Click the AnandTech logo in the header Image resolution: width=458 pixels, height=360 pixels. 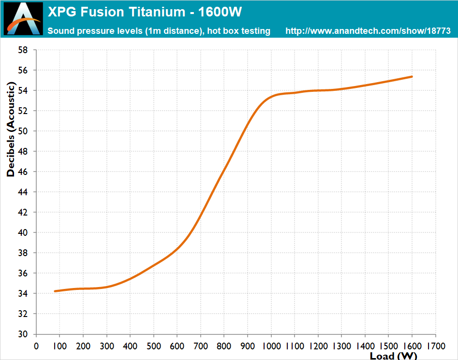(23, 19)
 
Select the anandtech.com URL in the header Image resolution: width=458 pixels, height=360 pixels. (368, 31)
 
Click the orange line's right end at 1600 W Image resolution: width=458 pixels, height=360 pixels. (412, 76)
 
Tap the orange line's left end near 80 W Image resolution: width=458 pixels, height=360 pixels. (55, 291)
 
